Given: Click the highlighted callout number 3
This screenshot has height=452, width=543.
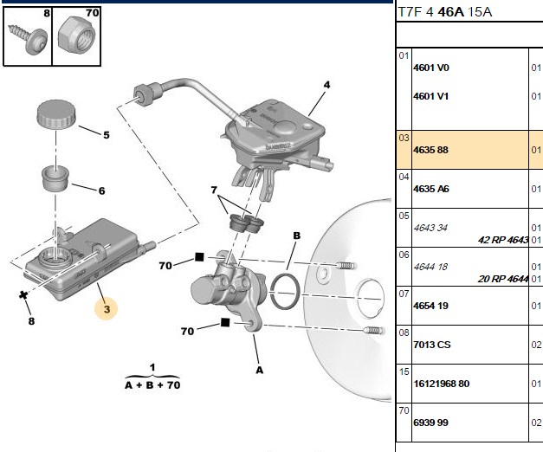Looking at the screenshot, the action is [x=107, y=309].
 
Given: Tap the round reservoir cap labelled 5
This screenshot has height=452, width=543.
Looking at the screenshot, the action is [x=56, y=114].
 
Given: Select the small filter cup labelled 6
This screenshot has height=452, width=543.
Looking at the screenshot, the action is [x=55, y=178].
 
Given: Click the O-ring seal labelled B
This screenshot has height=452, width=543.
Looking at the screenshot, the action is [x=285, y=292].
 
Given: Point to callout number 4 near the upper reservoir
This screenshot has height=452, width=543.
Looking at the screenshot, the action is [x=326, y=85].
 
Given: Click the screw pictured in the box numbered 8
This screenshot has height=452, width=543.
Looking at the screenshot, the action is [x=28, y=39].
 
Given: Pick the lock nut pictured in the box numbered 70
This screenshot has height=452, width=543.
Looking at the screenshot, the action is [x=76, y=36].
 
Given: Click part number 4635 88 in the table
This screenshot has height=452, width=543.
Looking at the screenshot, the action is [x=430, y=150].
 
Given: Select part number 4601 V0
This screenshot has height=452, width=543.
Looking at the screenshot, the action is [x=431, y=68].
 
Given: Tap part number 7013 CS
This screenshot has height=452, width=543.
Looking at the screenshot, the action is [x=432, y=345].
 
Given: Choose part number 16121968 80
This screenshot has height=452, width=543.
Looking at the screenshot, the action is [x=442, y=384].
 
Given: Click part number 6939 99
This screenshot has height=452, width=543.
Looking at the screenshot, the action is [x=430, y=423].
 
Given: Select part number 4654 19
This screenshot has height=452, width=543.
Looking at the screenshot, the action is [x=430, y=306].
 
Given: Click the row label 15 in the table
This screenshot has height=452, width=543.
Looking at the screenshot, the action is [x=404, y=372].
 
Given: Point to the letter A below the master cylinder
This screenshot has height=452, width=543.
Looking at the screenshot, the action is [x=260, y=371].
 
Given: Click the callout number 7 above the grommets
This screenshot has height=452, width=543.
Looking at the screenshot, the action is [x=214, y=190].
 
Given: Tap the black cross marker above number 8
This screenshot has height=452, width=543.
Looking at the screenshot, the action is [x=23, y=295].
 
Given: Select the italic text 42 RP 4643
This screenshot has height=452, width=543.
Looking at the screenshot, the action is [x=503, y=240].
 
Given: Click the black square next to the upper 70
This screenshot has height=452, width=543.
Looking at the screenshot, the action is [x=199, y=257].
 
